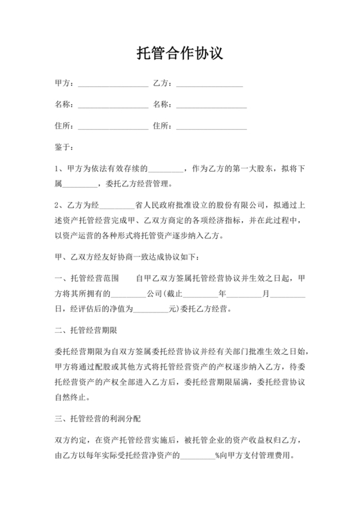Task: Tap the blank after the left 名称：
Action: coord(113,105)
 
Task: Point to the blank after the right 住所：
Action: coord(212,125)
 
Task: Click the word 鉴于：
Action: coord(66,147)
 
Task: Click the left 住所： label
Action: coord(66,125)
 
